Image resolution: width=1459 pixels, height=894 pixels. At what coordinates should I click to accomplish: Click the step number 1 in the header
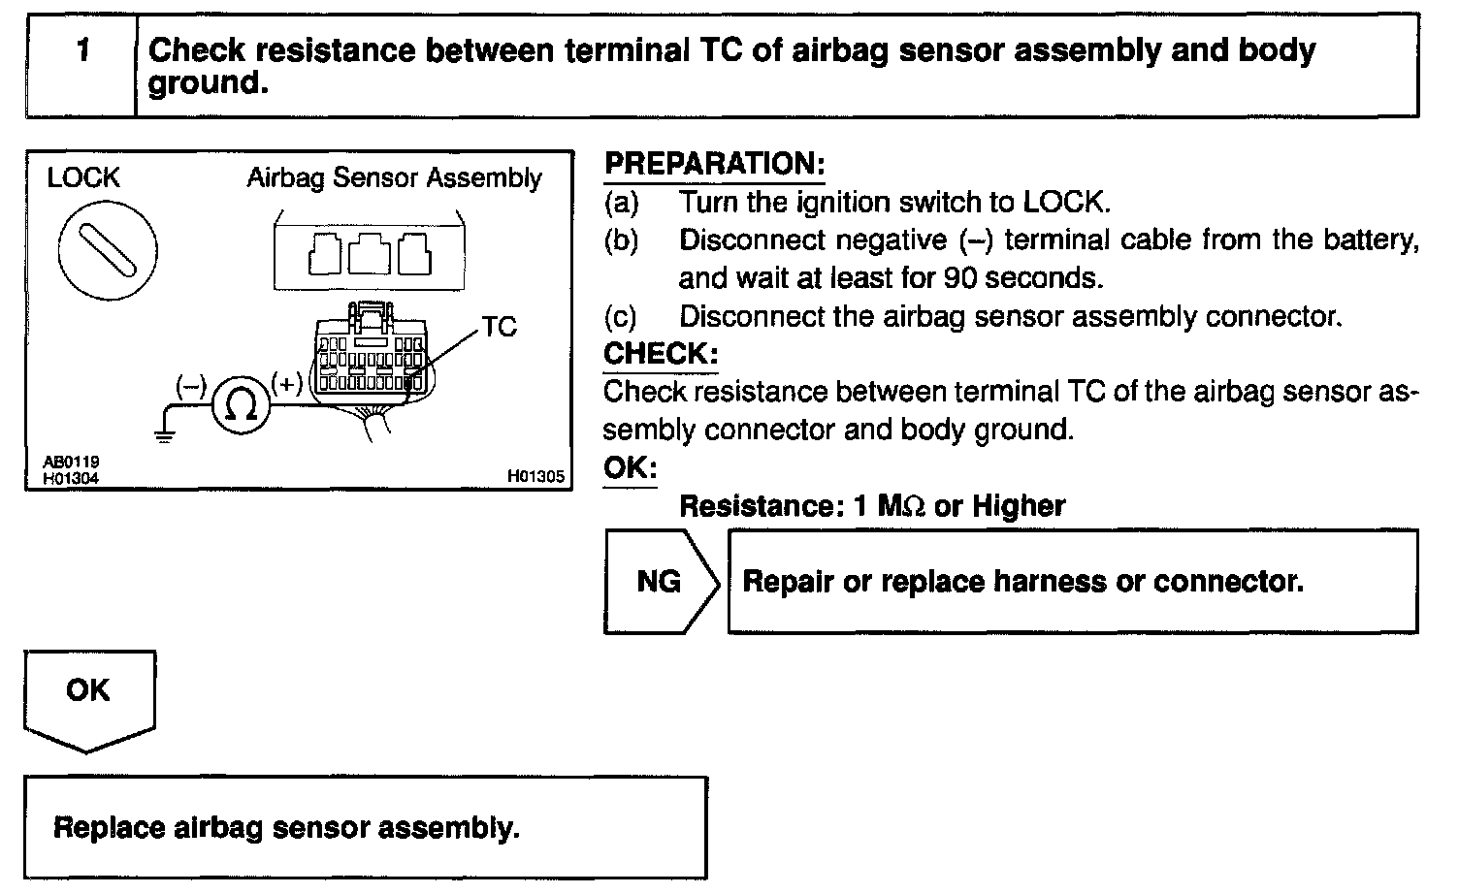(82, 50)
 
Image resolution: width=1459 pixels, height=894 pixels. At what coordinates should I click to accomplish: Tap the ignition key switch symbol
(107, 251)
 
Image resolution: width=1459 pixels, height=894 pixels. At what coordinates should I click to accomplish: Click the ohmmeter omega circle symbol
(240, 405)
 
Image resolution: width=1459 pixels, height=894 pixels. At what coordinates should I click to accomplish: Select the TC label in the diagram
(499, 327)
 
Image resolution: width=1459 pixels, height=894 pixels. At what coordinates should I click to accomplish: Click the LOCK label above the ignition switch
(83, 178)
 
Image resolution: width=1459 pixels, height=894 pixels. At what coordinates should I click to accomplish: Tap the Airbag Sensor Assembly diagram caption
(394, 178)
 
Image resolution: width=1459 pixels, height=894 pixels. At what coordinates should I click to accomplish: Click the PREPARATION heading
(714, 164)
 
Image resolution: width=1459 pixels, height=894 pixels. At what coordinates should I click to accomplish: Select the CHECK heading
(660, 354)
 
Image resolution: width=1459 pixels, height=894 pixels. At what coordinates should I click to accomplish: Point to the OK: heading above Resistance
(630, 468)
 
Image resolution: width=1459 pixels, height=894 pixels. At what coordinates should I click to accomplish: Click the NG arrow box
(660, 582)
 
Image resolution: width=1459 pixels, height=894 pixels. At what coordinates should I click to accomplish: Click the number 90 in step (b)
(959, 278)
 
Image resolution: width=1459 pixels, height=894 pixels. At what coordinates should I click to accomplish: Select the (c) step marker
(622, 317)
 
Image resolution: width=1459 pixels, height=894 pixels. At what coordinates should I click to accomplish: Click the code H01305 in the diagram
(535, 477)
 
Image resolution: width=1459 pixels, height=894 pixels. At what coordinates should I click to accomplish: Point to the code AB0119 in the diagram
(71, 463)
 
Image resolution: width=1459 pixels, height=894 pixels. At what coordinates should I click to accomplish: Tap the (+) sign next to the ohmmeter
(287, 385)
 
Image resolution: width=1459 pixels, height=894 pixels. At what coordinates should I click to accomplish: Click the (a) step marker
(622, 203)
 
